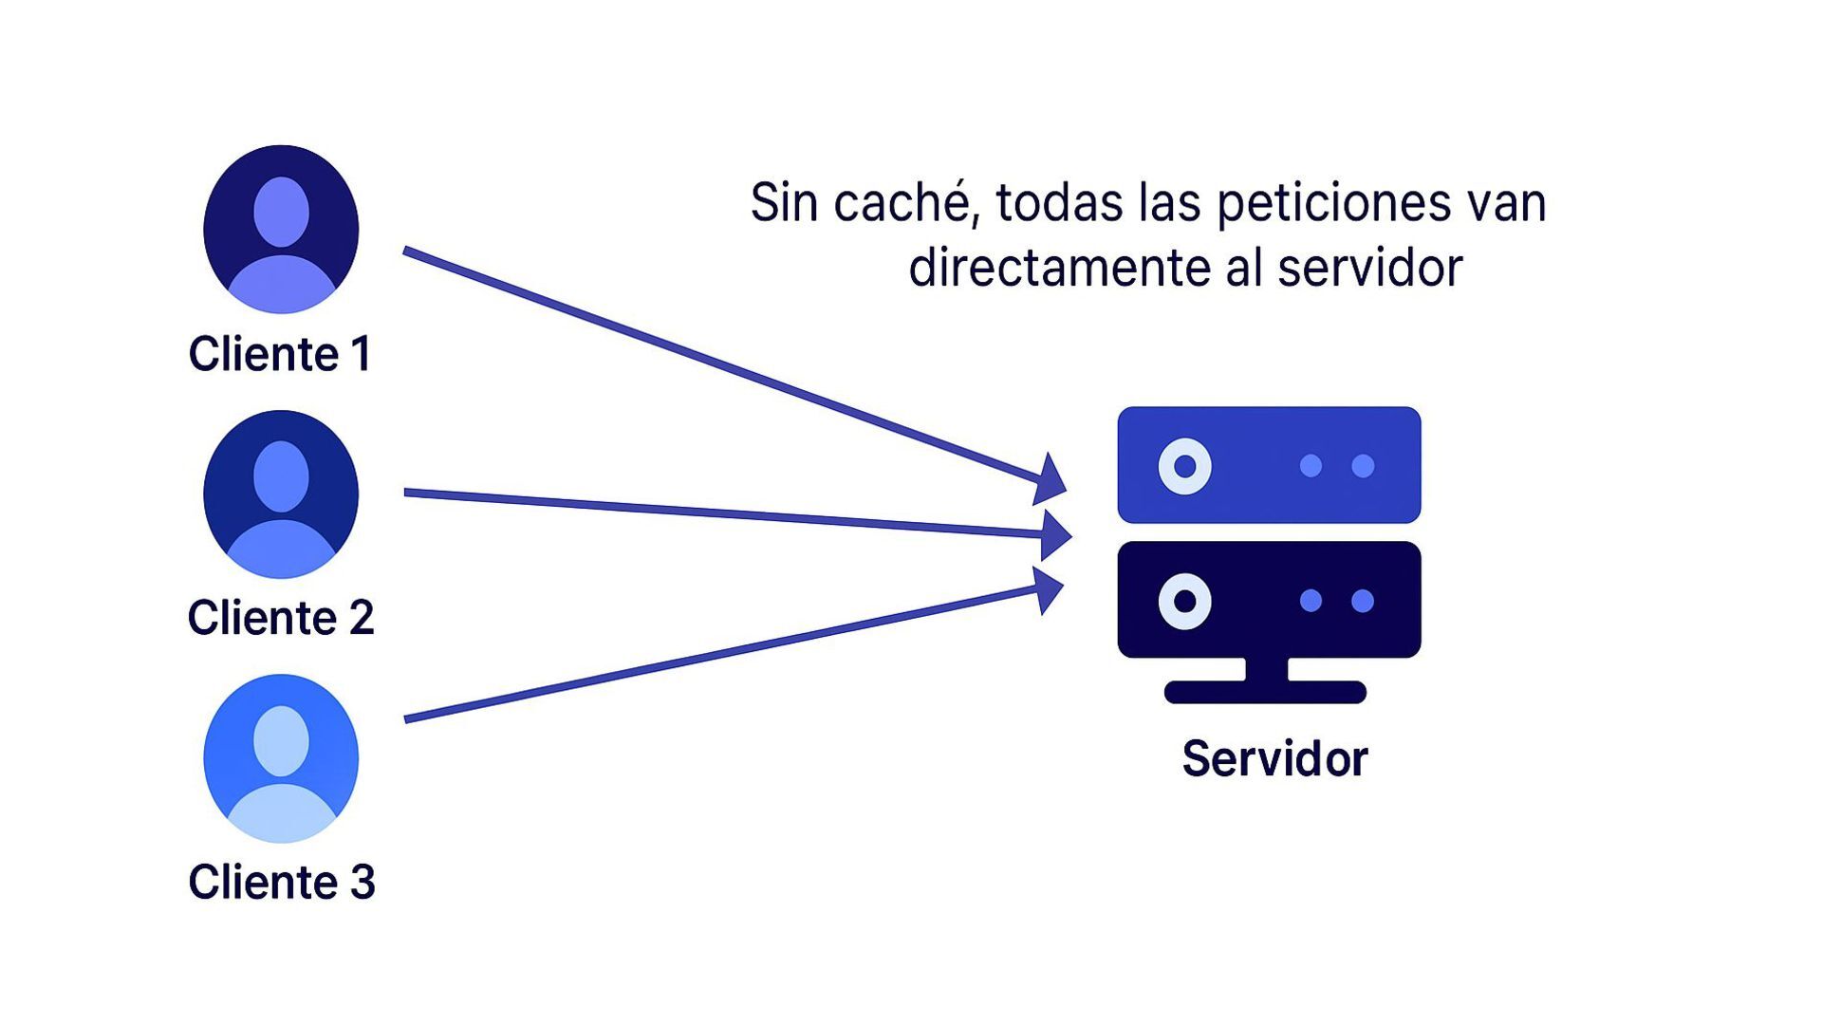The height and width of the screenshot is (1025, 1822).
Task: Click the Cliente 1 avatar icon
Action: point(281,230)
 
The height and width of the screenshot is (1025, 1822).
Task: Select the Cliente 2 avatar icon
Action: point(281,494)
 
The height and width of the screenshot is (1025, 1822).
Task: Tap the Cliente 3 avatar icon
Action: point(281,758)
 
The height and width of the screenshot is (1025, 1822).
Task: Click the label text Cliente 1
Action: point(280,354)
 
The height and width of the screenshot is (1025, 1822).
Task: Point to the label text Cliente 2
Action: point(281,618)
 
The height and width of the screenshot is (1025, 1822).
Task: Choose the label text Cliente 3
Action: point(282,882)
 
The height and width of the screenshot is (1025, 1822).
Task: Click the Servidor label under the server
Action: point(1274,758)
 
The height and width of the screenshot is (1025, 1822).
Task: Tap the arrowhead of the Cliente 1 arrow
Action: point(1050,478)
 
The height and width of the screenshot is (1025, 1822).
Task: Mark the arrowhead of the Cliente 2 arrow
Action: point(1055,534)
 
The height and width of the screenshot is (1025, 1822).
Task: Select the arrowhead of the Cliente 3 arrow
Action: point(1049,589)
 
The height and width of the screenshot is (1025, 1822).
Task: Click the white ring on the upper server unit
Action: point(1184,466)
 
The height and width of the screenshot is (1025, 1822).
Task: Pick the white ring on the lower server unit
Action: point(1184,601)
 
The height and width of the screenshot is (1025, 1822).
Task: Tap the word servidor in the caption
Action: point(1369,268)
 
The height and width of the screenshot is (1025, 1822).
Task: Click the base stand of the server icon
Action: point(1265,691)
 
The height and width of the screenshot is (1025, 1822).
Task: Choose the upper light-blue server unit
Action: point(1269,465)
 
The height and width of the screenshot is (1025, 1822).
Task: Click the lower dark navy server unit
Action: point(1269,600)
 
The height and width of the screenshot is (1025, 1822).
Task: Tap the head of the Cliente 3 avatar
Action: point(281,740)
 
